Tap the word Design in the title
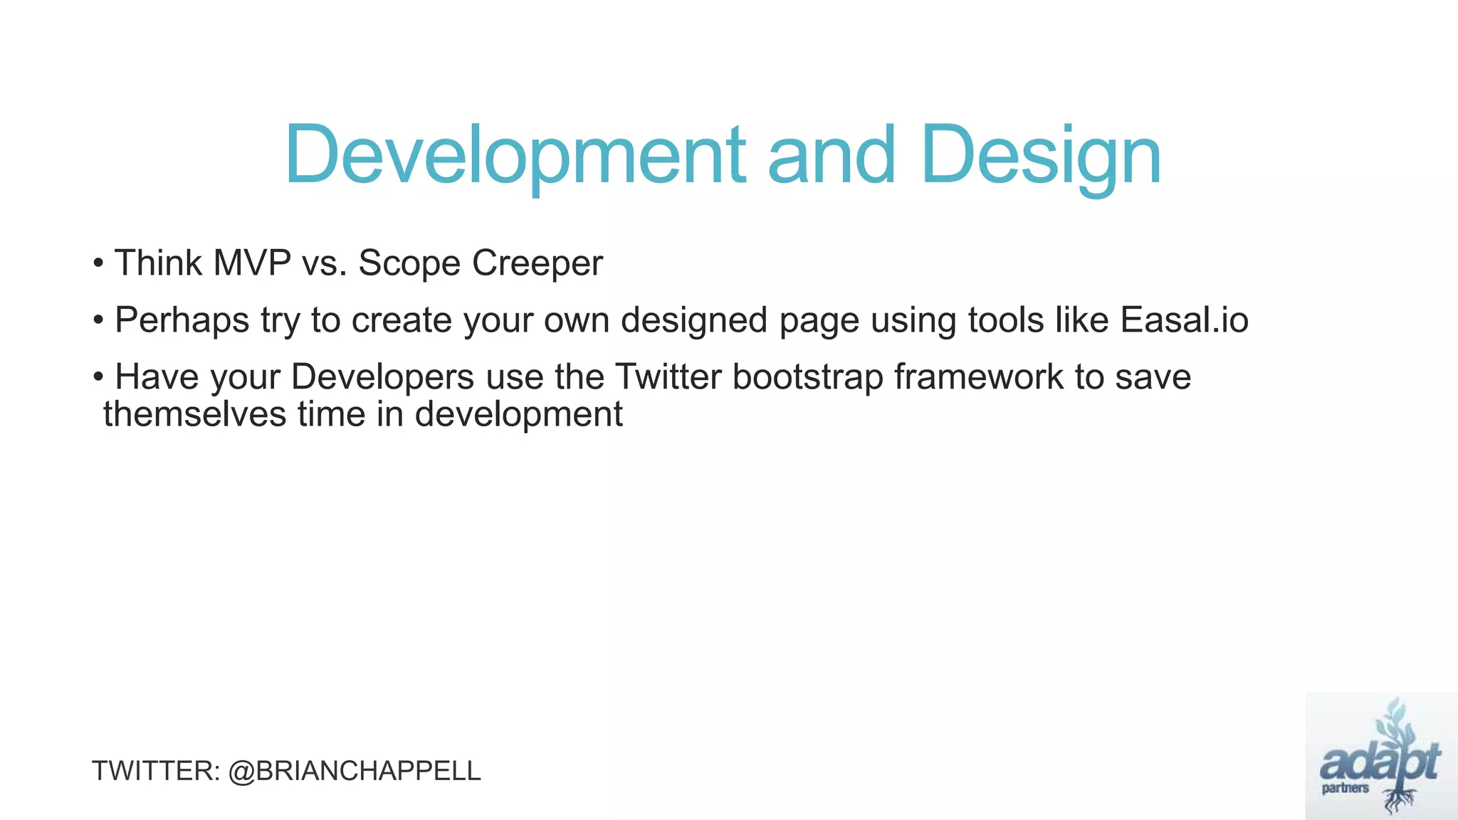point(1041,155)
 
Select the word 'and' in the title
point(832,155)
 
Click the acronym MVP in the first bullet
point(252,263)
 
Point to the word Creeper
point(537,263)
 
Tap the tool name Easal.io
point(1184,320)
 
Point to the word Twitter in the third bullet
point(668,377)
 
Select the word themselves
point(194,414)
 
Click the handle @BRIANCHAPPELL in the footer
point(355,772)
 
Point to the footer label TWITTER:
point(156,772)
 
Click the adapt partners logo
point(1380,756)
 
